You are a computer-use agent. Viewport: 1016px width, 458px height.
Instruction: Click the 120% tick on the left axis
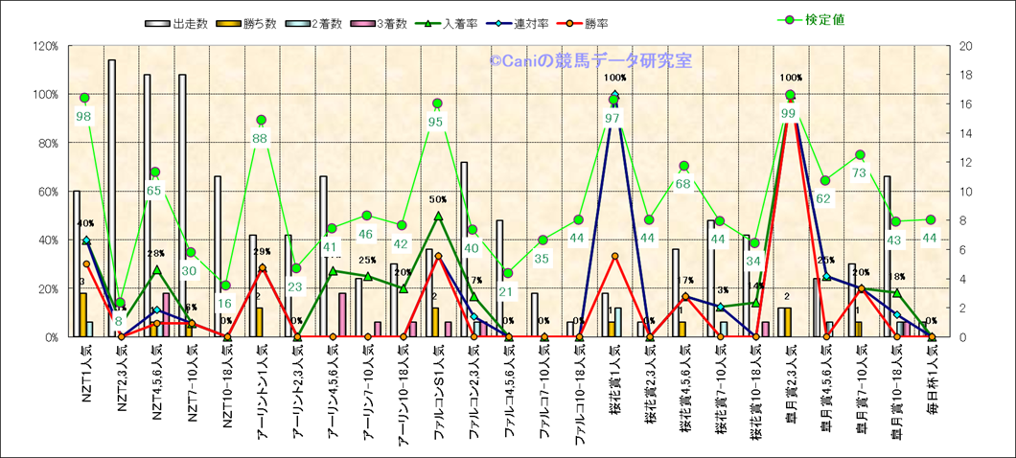click(x=44, y=46)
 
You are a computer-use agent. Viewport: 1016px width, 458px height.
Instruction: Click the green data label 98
click(x=84, y=116)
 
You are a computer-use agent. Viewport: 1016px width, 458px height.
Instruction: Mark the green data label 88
click(x=261, y=138)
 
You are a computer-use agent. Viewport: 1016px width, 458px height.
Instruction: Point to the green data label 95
click(x=436, y=121)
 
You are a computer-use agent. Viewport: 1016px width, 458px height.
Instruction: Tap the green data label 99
click(x=790, y=113)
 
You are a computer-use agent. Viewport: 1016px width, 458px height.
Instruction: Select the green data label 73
click(x=860, y=172)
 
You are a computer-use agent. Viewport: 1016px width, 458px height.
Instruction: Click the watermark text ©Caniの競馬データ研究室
click(x=589, y=61)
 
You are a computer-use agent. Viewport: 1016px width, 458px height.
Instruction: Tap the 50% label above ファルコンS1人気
click(x=438, y=199)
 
